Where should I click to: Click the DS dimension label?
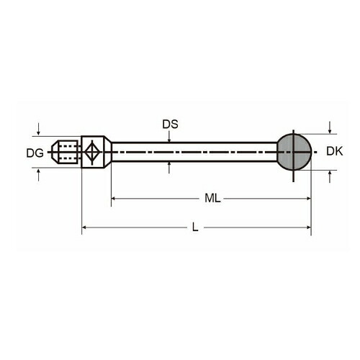[170, 125]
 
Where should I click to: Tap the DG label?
[35, 153]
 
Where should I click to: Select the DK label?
[335, 151]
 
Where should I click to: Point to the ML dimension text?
[212, 198]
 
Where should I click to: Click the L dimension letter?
[195, 227]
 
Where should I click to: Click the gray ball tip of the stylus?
[294, 152]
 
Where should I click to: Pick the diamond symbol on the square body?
[92, 152]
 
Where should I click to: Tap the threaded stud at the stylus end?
[65, 152]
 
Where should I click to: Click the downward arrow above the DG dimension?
[38, 129]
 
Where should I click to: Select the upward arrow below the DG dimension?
[38, 175]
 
